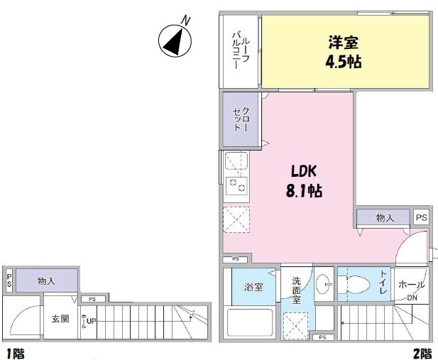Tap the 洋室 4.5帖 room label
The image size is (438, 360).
(344, 52)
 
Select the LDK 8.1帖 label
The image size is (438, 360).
(307, 181)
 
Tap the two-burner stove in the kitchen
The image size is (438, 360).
(236, 187)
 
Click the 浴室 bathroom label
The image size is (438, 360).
(253, 288)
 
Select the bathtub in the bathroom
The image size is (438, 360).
(250, 323)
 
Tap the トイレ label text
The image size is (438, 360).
(383, 278)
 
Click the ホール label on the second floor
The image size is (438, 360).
(412, 284)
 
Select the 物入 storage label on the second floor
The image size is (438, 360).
(385, 218)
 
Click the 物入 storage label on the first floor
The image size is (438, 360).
(47, 280)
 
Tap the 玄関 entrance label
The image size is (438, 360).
(60, 319)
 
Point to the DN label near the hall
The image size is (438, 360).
(412, 298)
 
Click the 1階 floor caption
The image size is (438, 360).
(13, 353)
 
